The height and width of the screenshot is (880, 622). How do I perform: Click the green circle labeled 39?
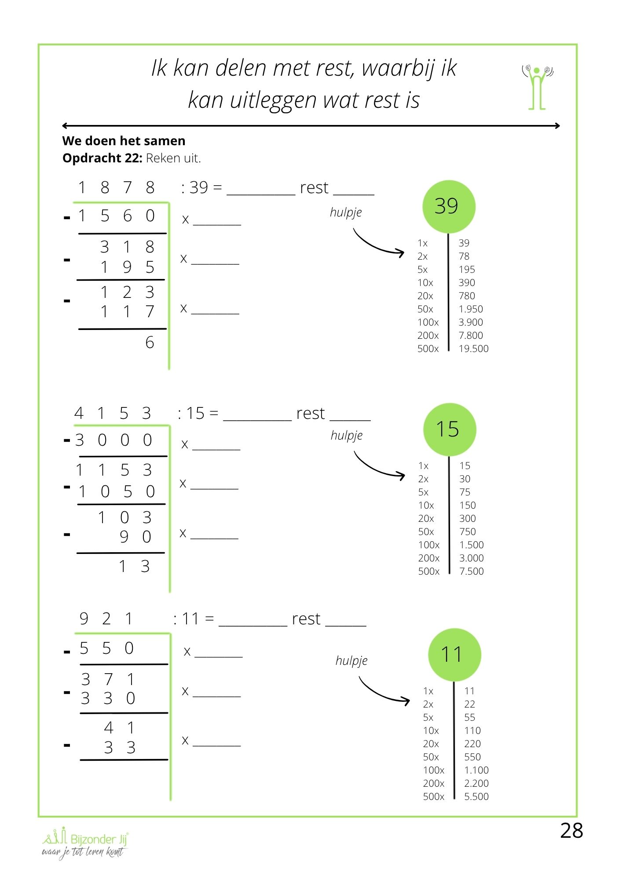(448, 207)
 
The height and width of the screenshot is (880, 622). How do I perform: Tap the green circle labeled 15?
(449, 429)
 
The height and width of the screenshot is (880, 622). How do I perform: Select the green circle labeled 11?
(454, 655)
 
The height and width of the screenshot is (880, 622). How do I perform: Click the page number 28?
(571, 831)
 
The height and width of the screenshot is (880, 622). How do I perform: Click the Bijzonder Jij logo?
(85, 842)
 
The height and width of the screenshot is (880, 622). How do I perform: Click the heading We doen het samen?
(124, 141)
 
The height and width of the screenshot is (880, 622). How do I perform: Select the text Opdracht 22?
(102, 158)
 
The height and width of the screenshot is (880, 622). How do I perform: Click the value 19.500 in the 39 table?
(473, 349)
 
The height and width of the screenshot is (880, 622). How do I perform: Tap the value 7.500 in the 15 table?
(471, 572)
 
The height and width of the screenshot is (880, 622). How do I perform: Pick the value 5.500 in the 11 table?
(476, 797)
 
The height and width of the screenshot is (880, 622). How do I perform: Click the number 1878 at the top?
(116, 188)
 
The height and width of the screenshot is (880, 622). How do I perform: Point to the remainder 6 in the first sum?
(150, 343)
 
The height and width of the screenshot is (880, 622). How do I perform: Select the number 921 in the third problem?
(106, 619)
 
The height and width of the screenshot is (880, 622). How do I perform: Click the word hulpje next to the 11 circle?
(351, 661)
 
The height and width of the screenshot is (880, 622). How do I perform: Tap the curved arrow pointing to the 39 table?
(377, 244)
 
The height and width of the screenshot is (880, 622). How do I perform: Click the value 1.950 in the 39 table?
(470, 309)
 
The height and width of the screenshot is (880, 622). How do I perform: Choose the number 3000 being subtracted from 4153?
(113, 440)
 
